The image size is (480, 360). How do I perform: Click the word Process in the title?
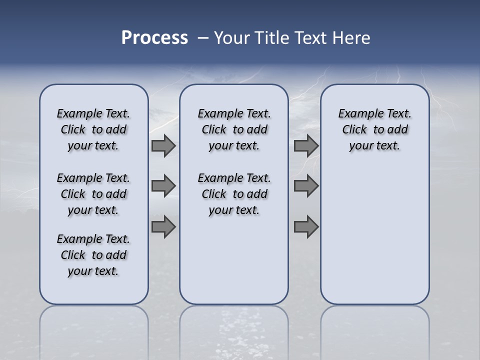pos(154,38)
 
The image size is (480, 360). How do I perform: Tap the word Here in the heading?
pos(351,38)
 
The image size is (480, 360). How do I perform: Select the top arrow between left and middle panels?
pos(163,146)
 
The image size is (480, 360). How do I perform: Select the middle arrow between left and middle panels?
pos(163,186)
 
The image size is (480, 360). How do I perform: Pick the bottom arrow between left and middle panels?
pos(163,227)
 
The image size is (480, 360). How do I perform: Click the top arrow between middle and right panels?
pos(306,146)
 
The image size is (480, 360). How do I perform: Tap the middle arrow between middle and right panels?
pos(306,186)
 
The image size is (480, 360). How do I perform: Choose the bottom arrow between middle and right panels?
pos(306,227)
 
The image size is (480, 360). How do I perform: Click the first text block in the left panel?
pos(93,129)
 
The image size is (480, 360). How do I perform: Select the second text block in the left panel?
pos(93,194)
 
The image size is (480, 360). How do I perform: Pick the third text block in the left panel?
pos(93,255)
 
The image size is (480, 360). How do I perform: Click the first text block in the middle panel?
pos(234,129)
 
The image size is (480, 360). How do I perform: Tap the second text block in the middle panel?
pos(234,194)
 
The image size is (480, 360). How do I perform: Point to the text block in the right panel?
pos(375,129)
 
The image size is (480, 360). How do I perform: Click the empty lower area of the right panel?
pos(375,240)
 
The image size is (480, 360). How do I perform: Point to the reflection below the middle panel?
pos(234,325)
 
